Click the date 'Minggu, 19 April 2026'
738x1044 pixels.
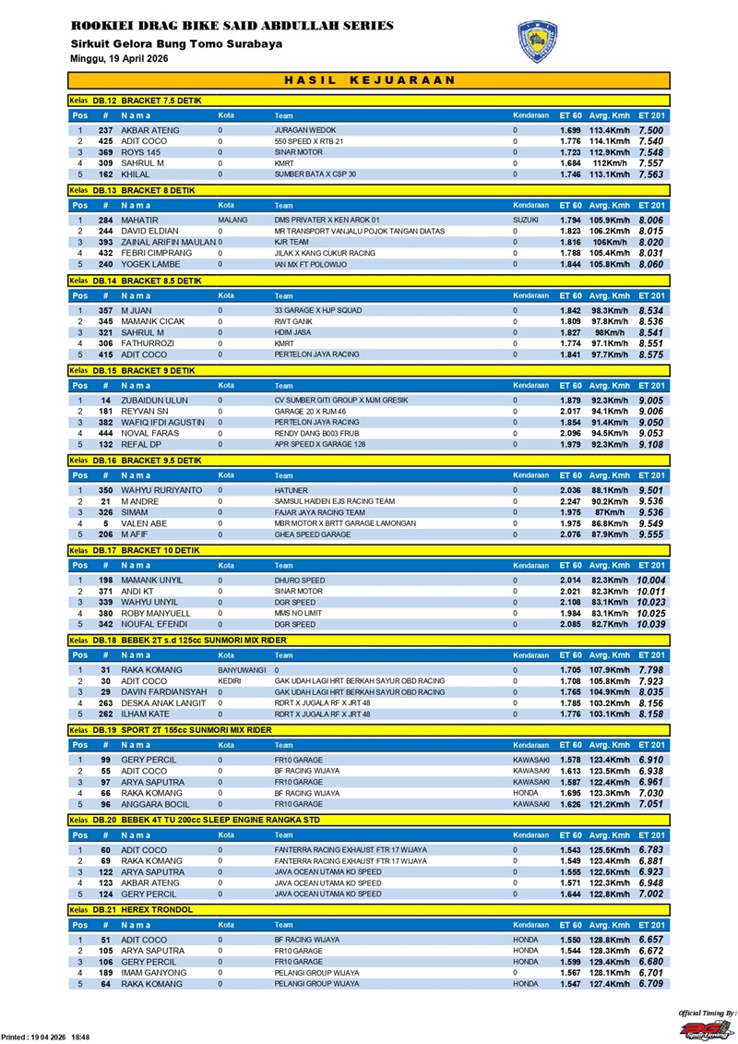pos(119,58)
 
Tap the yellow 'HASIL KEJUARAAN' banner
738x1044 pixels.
pos(369,80)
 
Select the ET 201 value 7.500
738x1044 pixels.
pos(650,131)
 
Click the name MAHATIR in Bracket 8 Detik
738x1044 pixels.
pos(140,221)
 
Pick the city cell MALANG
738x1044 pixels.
pos(233,221)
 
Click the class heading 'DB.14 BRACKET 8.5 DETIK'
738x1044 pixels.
pos(147,280)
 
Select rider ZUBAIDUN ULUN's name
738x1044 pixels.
pos(155,400)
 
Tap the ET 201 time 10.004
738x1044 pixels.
pos(650,580)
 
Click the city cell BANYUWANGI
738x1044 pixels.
pos(242,670)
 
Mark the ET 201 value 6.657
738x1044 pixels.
pos(650,940)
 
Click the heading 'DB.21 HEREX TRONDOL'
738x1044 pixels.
pos(142,909)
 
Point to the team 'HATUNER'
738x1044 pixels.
pos(292,490)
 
